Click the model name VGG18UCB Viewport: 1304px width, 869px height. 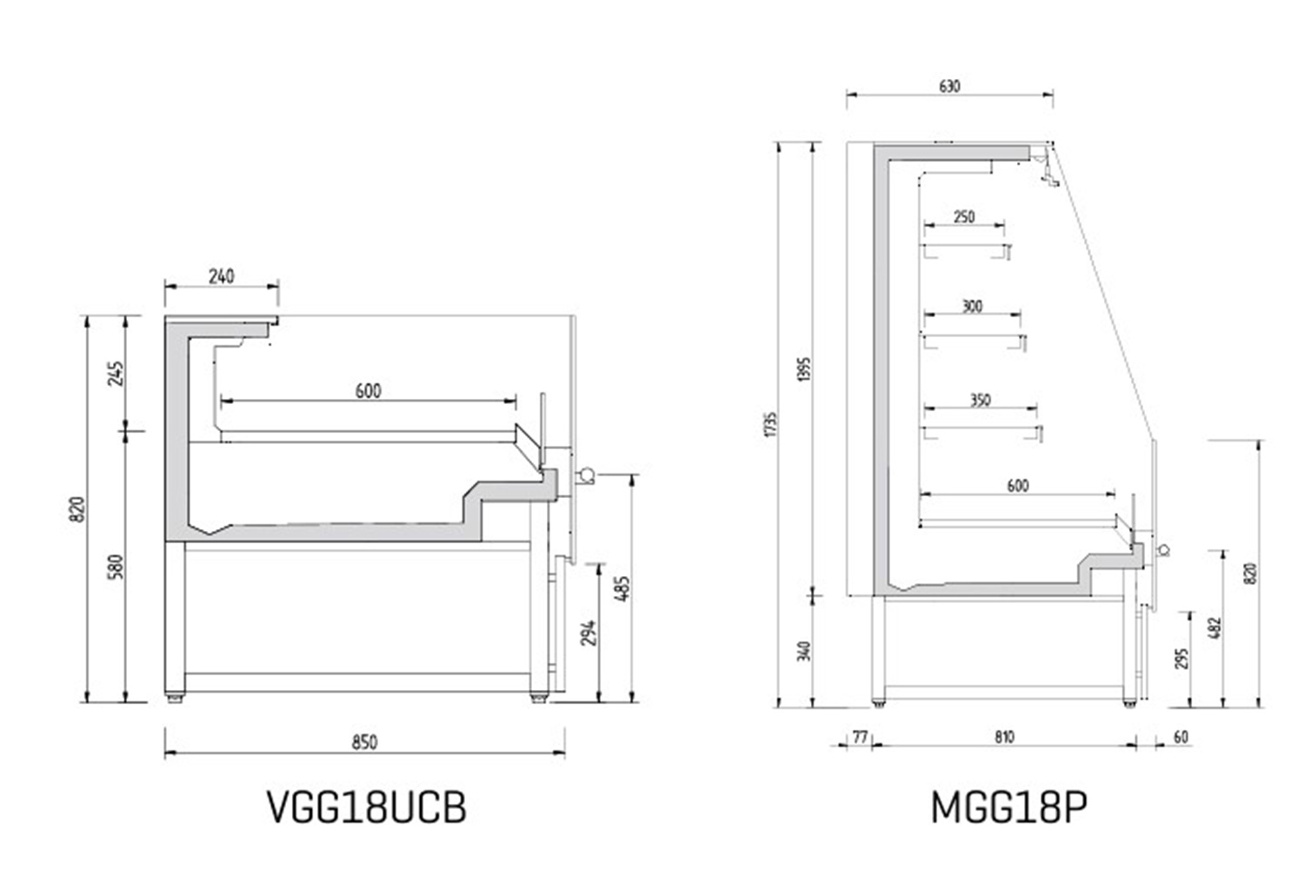coord(367,807)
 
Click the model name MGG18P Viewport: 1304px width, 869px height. coord(1008,807)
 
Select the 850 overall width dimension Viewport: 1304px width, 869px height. coord(364,742)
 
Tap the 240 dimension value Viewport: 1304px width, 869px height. coord(221,275)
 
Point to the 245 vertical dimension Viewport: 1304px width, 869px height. coord(116,374)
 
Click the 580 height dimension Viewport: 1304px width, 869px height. coord(116,567)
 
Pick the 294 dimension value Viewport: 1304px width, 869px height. coord(589,633)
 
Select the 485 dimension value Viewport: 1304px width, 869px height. coord(622,589)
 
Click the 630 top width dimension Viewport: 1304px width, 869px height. coord(949,87)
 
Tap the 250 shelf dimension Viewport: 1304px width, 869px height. coord(964,217)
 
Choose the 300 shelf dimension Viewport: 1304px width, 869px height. coord(972,307)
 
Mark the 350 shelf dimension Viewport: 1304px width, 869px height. coord(981,401)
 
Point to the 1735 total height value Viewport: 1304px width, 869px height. coord(772,425)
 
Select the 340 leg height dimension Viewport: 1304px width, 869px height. coord(804,651)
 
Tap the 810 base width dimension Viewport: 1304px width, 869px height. coord(1004,738)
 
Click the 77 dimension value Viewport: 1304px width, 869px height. coord(860,738)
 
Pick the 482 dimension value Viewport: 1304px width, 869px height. coord(1215,628)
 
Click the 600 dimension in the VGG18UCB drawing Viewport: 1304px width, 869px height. coord(368,391)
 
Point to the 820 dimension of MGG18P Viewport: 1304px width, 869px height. coord(1253,574)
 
